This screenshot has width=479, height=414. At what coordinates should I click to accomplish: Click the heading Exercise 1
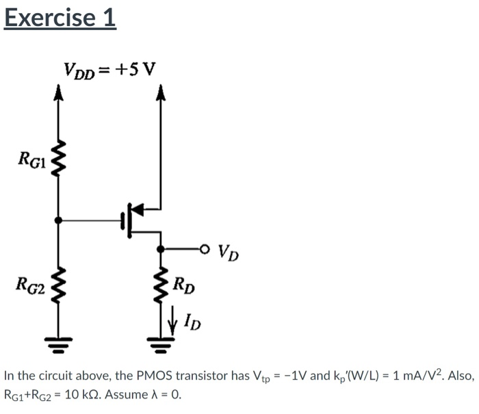(60, 18)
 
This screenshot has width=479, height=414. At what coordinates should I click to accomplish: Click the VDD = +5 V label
(109, 69)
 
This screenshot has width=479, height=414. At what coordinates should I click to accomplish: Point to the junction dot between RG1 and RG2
(60, 220)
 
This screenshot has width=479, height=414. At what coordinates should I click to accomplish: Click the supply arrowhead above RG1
(60, 91)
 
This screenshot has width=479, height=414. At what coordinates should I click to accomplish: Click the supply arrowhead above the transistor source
(161, 91)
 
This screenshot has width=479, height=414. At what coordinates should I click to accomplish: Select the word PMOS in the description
(158, 376)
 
